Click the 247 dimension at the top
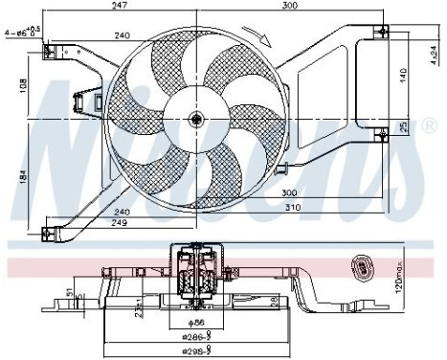[x=119, y=8]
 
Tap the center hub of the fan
[x=197, y=119]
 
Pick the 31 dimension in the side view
[x=69, y=292]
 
